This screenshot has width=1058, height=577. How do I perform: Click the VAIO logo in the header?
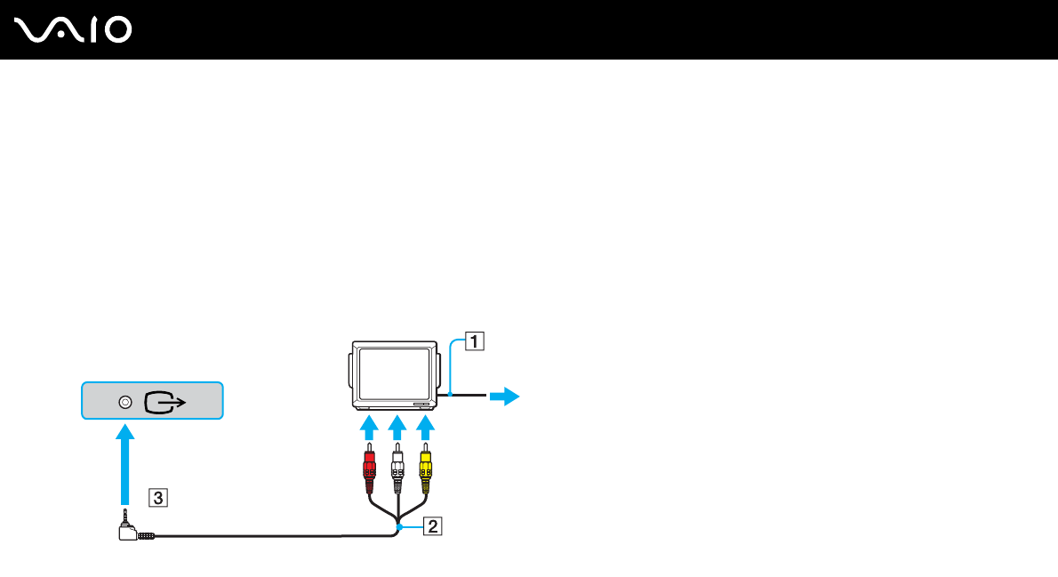[74, 30]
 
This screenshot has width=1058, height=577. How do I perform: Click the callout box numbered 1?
[477, 341]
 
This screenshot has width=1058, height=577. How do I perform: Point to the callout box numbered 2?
[432, 527]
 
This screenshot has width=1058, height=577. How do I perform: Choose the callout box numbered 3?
[156, 498]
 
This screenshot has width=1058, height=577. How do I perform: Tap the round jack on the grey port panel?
[124, 403]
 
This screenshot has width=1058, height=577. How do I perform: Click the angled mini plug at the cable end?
[129, 532]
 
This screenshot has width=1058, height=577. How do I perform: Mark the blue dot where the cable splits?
[400, 527]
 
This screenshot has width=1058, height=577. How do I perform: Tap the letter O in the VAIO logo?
[117, 30]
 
